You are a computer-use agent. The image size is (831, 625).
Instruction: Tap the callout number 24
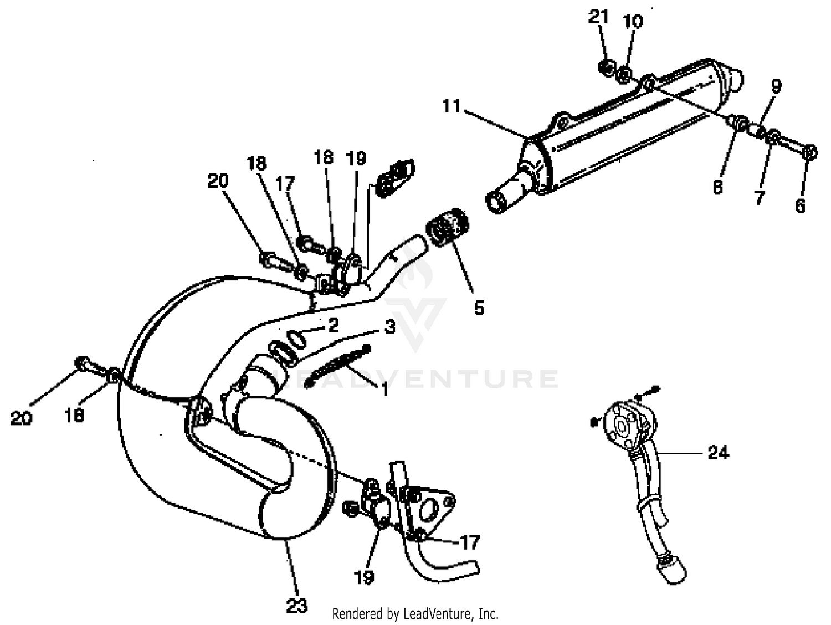pos(718,453)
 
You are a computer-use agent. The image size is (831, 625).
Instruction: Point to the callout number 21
pos(598,18)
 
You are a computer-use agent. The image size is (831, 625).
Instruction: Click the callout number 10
pos(633,22)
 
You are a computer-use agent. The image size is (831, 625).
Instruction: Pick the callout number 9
pos(776,86)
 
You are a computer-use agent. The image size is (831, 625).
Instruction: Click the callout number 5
pos(479,307)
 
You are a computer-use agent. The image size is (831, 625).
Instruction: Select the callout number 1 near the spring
pos(384,390)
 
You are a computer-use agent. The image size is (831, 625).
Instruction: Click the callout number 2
pos(333,325)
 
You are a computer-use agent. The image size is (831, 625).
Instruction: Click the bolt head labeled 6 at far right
pos(809,152)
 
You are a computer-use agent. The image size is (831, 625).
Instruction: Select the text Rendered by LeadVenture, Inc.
pos(415,613)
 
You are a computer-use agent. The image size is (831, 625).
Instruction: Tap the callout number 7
pos(759,197)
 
